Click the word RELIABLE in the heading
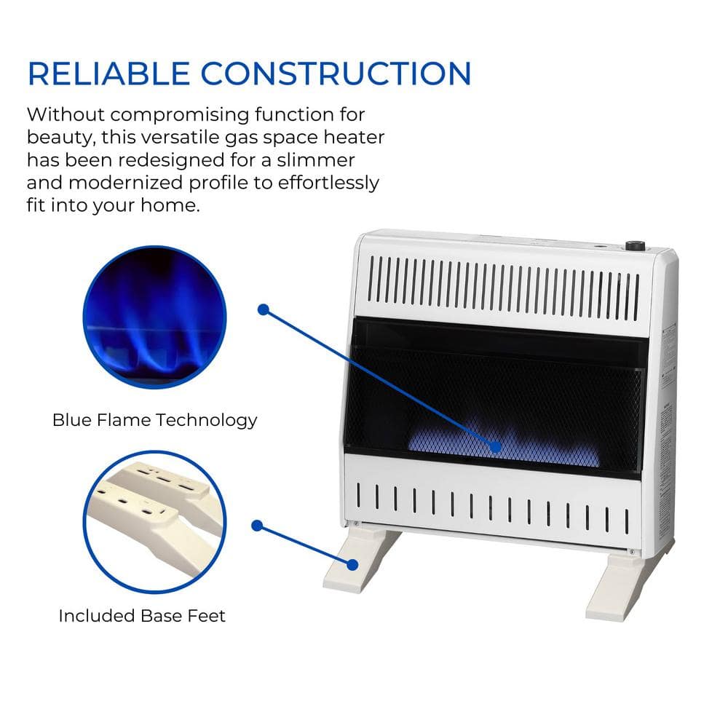coord(108,74)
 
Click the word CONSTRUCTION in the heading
coord(336,74)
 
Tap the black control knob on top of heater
coord(635,246)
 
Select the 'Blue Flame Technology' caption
coord(154,420)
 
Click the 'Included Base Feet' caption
coord(142,616)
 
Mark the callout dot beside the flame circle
coord(264,309)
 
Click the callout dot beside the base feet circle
coord(257,525)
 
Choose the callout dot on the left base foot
coord(352,563)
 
